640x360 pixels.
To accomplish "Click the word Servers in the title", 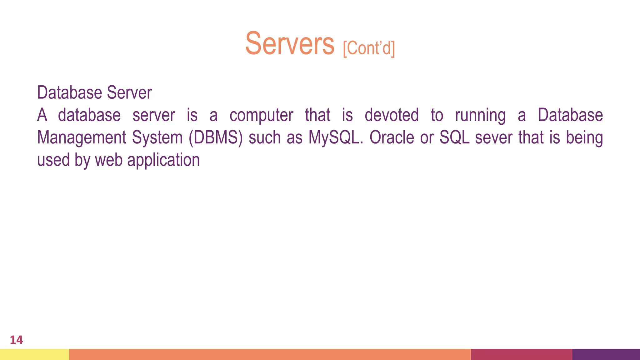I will pos(290,44).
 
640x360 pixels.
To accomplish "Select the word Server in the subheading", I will pos(129,93).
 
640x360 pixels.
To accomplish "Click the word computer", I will pos(261,115).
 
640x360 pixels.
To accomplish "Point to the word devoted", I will pos(392,115).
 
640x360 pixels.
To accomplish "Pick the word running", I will pos(480,115).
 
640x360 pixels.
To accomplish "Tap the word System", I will pos(157,138).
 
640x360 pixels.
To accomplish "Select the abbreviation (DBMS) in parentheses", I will pos(216,138).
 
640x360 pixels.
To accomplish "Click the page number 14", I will pos(16,340).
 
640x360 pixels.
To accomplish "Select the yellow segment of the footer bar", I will pos(34,354).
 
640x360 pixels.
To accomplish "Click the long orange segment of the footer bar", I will pos(270,354).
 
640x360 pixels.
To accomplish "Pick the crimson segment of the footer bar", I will pos(521,354).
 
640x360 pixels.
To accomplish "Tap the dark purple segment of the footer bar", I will pos(606,354).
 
